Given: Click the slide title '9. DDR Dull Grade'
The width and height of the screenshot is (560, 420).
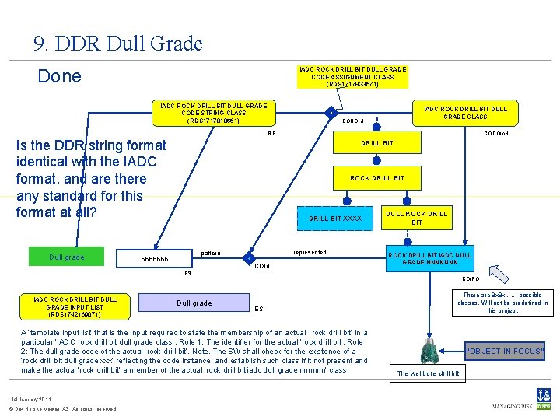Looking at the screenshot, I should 118,43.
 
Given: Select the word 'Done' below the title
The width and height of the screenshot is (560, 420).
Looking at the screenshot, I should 60,76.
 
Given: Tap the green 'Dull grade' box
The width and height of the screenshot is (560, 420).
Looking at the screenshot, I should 66,257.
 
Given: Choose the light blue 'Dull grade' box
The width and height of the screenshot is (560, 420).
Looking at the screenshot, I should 194,303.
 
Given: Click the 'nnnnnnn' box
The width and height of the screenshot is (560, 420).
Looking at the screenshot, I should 154,259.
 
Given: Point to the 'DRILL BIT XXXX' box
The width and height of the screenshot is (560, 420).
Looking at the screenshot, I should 335,219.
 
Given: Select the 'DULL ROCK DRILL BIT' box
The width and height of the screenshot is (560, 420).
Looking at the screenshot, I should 417,219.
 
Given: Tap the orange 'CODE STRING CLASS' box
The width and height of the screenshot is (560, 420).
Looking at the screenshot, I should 213,113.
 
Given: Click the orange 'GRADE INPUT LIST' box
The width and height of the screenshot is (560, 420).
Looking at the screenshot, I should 75,306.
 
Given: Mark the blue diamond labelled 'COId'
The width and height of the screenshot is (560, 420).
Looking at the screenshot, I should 248,258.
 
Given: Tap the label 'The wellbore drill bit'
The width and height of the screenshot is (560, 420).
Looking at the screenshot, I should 428,374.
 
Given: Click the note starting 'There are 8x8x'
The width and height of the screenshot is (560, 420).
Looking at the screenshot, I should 502,303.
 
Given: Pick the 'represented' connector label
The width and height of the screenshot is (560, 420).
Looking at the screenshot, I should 310,252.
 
